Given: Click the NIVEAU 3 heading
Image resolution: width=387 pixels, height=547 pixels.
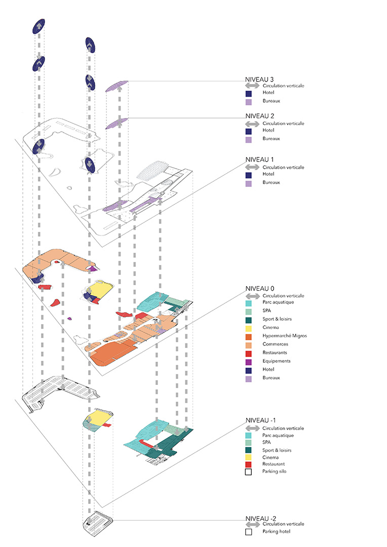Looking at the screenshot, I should tap(259, 80).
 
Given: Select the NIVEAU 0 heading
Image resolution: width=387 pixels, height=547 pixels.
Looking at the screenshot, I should tap(259, 289).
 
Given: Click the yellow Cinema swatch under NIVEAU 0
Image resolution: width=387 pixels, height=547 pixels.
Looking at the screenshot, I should tap(249, 328).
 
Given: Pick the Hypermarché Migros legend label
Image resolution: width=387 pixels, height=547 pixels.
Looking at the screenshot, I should tap(284, 336).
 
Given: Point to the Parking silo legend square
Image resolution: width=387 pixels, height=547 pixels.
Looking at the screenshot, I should tap(249, 472).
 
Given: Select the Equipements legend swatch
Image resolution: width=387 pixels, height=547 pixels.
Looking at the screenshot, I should tap(249, 361).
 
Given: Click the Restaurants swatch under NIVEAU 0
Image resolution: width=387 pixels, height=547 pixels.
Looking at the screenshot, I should tap(249, 353).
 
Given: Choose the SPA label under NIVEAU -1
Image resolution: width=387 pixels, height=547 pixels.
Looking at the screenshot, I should tap(266, 442).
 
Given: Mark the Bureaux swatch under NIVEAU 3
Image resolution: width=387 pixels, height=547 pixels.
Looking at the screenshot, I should tap(249, 101).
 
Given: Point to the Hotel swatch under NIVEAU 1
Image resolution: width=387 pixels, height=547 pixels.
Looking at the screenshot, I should tap(249, 175).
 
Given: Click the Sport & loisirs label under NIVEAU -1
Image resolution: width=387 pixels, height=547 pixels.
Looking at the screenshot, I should tap(277, 450).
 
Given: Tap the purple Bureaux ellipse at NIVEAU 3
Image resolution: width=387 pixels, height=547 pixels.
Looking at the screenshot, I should tap(117, 86).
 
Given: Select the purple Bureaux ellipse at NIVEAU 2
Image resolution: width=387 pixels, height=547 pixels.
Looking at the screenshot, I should tap(117, 123).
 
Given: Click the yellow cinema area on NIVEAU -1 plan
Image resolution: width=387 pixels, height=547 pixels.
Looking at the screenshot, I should tap(98, 417).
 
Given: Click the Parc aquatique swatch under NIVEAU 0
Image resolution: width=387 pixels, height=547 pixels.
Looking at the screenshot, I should tap(249, 303).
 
